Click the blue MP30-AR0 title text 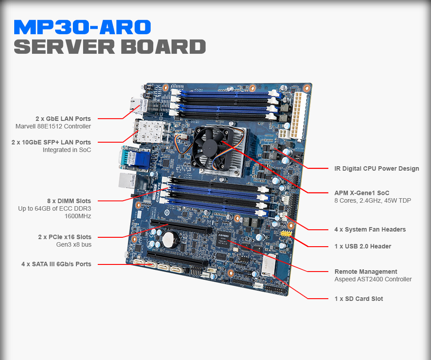click(x=82, y=28)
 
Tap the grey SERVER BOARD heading click(x=110, y=47)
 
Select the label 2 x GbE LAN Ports click(x=63, y=119)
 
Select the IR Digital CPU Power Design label click(x=376, y=168)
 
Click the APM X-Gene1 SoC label click(x=362, y=193)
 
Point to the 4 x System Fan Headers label click(x=370, y=229)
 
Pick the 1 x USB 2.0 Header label click(x=363, y=246)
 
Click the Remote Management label click(x=366, y=272)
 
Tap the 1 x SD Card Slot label click(x=359, y=299)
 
